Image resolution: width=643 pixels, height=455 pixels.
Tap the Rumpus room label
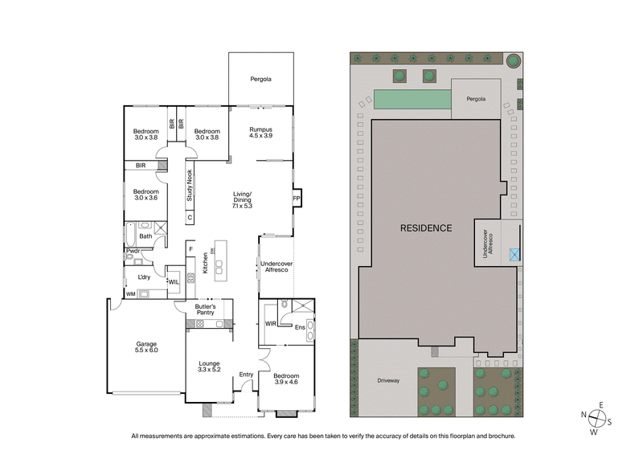(260, 133)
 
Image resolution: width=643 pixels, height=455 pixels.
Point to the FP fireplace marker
(295, 198)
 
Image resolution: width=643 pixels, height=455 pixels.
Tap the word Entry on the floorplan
(246, 374)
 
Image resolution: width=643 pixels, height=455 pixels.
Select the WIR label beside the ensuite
(271, 324)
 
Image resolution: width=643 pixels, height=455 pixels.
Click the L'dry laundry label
(144, 277)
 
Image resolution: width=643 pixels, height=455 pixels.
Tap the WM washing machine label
(131, 294)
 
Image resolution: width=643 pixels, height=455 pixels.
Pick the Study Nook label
(190, 187)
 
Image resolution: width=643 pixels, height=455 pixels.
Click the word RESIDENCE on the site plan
(426, 228)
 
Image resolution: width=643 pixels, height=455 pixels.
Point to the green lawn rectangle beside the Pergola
(411, 100)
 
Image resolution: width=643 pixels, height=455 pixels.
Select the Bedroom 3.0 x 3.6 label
(145, 195)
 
